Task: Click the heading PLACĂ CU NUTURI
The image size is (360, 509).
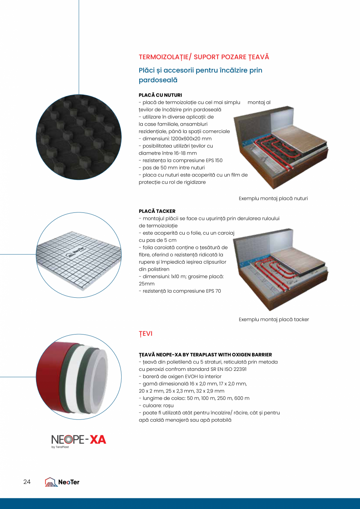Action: coord(160,95)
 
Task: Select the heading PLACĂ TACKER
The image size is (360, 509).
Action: coord(157,211)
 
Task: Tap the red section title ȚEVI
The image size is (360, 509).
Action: coord(146,334)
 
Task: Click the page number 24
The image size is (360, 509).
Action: coord(27,482)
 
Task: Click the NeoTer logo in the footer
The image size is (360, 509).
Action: coord(62,482)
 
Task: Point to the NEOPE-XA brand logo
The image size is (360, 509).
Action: coord(79,440)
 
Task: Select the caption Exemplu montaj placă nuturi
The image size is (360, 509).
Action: coord(273,199)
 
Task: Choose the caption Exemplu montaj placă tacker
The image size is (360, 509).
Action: coord(274,320)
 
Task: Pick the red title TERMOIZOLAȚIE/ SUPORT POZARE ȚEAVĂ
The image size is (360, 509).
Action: coord(204,57)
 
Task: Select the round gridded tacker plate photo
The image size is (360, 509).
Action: coord(78,255)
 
